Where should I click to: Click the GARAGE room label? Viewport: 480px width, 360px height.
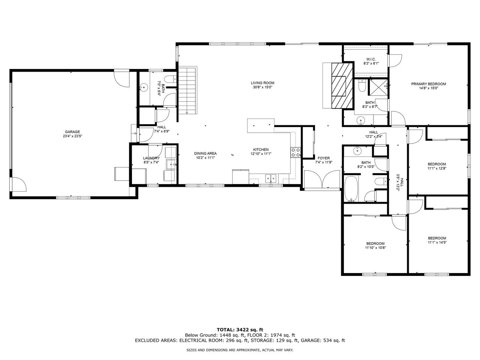pyautogui.click(x=72, y=132)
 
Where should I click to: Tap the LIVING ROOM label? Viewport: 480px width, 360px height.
pyautogui.click(x=262, y=83)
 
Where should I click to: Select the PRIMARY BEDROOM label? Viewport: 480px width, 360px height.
pyautogui.click(x=428, y=84)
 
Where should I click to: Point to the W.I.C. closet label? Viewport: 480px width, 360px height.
pyautogui.click(x=371, y=59)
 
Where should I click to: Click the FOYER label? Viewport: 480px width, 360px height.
pyautogui.click(x=324, y=158)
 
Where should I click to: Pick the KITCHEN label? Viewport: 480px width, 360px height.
pyautogui.click(x=261, y=150)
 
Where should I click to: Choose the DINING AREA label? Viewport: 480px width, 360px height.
pyautogui.click(x=205, y=153)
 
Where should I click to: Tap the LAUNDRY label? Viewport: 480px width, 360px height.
pyautogui.click(x=151, y=158)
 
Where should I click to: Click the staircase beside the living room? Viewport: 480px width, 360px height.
pyautogui.click(x=187, y=90)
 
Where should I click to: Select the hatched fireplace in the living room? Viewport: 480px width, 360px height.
pyautogui.click(x=342, y=85)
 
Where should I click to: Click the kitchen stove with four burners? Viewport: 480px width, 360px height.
pyautogui.click(x=295, y=152)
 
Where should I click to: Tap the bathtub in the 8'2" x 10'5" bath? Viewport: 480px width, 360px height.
pyautogui.click(x=351, y=189)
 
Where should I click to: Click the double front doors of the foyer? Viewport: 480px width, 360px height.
pyautogui.click(x=322, y=179)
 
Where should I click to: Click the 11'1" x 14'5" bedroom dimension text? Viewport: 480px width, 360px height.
pyautogui.click(x=437, y=242)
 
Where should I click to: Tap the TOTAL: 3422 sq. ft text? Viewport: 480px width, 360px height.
pyautogui.click(x=240, y=330)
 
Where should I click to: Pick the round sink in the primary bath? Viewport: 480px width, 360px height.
pyautogui.click(x=361, y=120)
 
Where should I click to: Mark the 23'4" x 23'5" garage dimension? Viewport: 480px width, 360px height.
pyautogui.click(x=72, y=136)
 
